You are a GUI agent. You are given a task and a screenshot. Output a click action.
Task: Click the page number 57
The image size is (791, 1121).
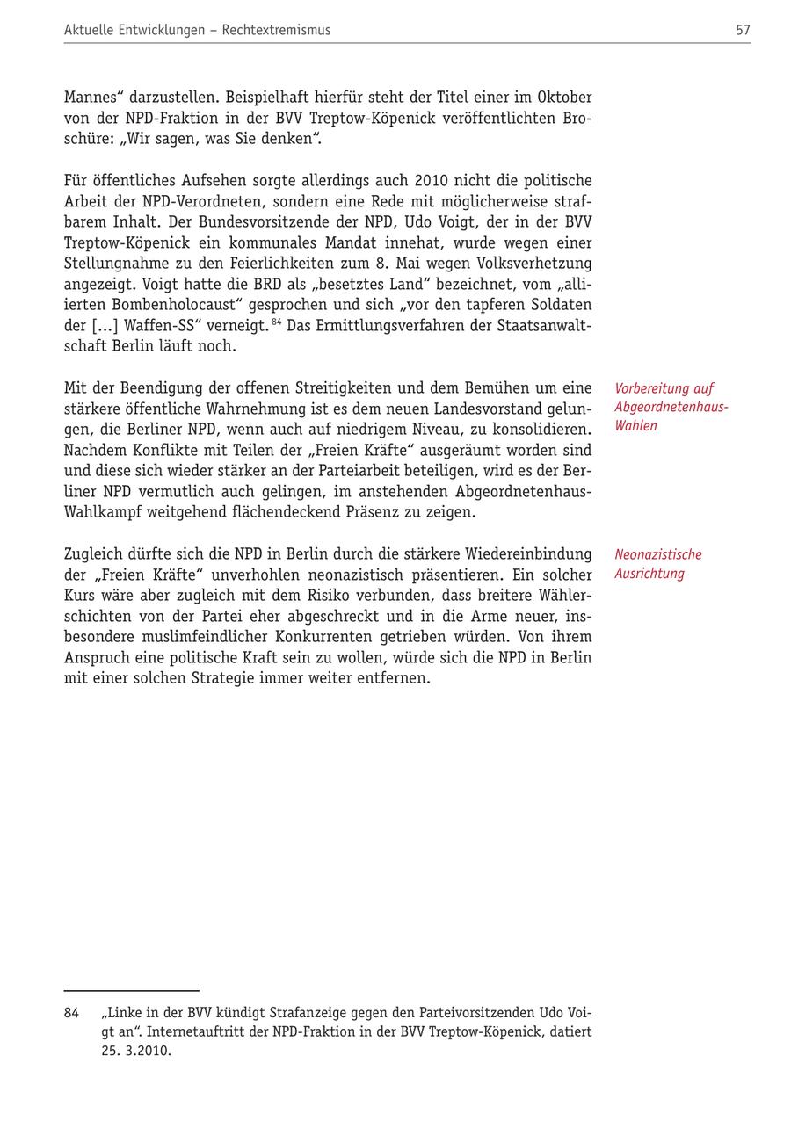[743, 30]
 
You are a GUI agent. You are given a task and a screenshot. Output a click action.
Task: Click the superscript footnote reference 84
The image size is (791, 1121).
[277, 322]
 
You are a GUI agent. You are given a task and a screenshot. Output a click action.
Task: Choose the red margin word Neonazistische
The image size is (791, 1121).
[658, 554]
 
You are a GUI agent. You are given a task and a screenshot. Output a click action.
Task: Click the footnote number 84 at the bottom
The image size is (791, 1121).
[71, 1013]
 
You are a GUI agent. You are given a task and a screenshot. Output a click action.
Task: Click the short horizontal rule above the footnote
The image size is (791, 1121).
[131, 991]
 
